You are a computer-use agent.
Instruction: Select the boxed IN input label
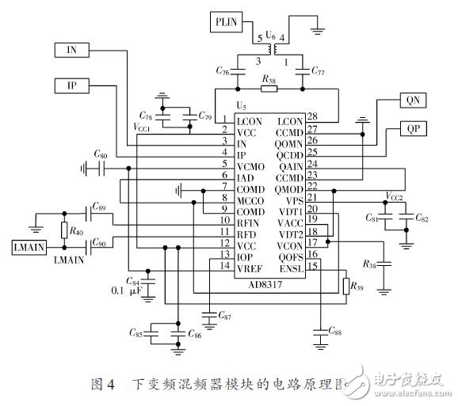click(x=71, y=49)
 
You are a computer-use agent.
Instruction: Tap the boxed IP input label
click(x=71, y=84)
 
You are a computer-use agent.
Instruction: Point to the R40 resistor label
click(x=78, y=232)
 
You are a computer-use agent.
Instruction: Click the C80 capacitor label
click(x=101, y=155)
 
